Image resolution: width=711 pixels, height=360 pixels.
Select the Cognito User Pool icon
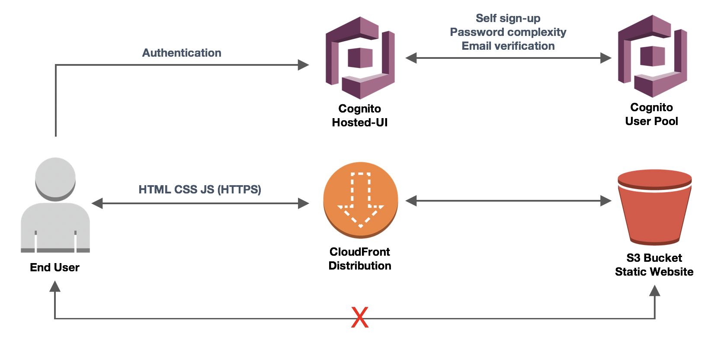click(652, 56)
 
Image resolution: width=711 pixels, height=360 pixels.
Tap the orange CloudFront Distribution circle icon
click(360, 200)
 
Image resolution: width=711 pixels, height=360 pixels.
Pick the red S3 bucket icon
click(654, 207)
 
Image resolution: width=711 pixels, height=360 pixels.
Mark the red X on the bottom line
click(360, 317)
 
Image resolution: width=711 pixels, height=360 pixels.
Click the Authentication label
click(182, 53)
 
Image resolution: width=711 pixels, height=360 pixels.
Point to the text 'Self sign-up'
click(508, 18)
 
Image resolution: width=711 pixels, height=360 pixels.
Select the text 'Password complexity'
click(508, 32)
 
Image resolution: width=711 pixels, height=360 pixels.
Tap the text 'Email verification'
click(508, 46)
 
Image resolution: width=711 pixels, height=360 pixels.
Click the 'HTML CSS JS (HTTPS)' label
click(200, 190)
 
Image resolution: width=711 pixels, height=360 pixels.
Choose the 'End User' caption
click(54, 267)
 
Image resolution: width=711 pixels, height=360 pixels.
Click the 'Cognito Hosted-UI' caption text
click(360, 116)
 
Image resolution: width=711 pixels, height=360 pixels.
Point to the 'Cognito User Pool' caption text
click(651, 114)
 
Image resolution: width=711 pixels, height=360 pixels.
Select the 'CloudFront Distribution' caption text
click(360, 259)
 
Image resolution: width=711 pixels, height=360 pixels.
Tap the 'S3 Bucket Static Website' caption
click(654, 265)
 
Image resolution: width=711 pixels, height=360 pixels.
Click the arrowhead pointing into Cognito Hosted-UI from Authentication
click(304, 65)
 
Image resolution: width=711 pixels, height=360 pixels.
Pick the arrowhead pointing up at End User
click(55, 286)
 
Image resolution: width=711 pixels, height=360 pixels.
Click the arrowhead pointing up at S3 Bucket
click(655, 290)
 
